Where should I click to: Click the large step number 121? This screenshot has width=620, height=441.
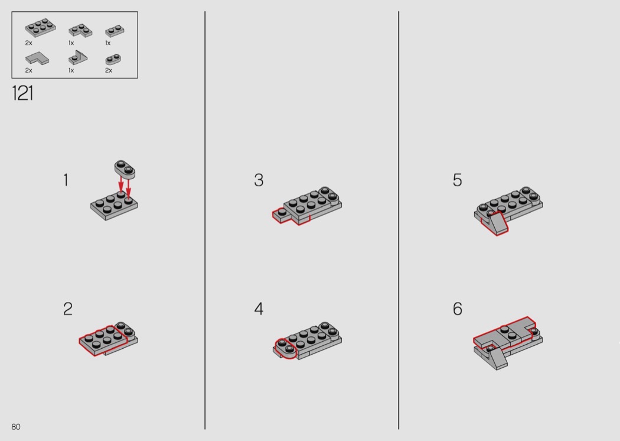(x=22, y=93)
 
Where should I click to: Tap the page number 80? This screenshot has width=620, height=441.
(x=16, y=427)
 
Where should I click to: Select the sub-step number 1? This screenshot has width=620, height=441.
(x=66, y=180)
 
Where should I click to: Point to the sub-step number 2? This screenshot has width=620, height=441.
(x=68, y=309)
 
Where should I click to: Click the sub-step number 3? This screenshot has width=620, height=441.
(x=259, y=180)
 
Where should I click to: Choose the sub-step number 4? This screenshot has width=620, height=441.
(x=259, y=309)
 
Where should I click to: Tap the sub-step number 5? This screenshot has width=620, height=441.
(x=457, y=180)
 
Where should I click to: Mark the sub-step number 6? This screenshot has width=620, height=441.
(x=457, y=309)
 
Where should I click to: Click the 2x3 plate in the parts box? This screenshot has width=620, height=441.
(x=40, y=27)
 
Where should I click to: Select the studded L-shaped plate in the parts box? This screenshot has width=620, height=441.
(x=80, y=30)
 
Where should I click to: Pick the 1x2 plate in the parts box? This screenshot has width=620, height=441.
(x=115, y=31)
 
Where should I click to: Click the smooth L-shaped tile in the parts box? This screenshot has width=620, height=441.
(x=37, y=58)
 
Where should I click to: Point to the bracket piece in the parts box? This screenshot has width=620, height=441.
(x=78, y=58)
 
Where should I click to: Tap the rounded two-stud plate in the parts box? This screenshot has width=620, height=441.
(x=113, y=59)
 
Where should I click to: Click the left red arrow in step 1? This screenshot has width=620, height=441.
(x=121, y=185)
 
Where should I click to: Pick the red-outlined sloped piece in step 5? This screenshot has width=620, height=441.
(x=495, y=223)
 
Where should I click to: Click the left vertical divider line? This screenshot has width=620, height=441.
(x=205, y=220)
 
